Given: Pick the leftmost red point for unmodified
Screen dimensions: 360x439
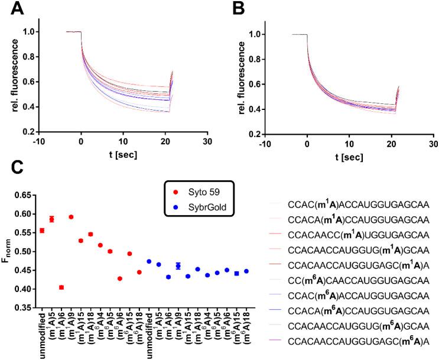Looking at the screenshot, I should click(x=42, y=231).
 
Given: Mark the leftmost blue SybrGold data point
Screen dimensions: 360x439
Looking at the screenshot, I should click(x=149, y=261).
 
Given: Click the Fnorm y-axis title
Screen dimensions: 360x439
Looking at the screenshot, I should click(x=8, y=251).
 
